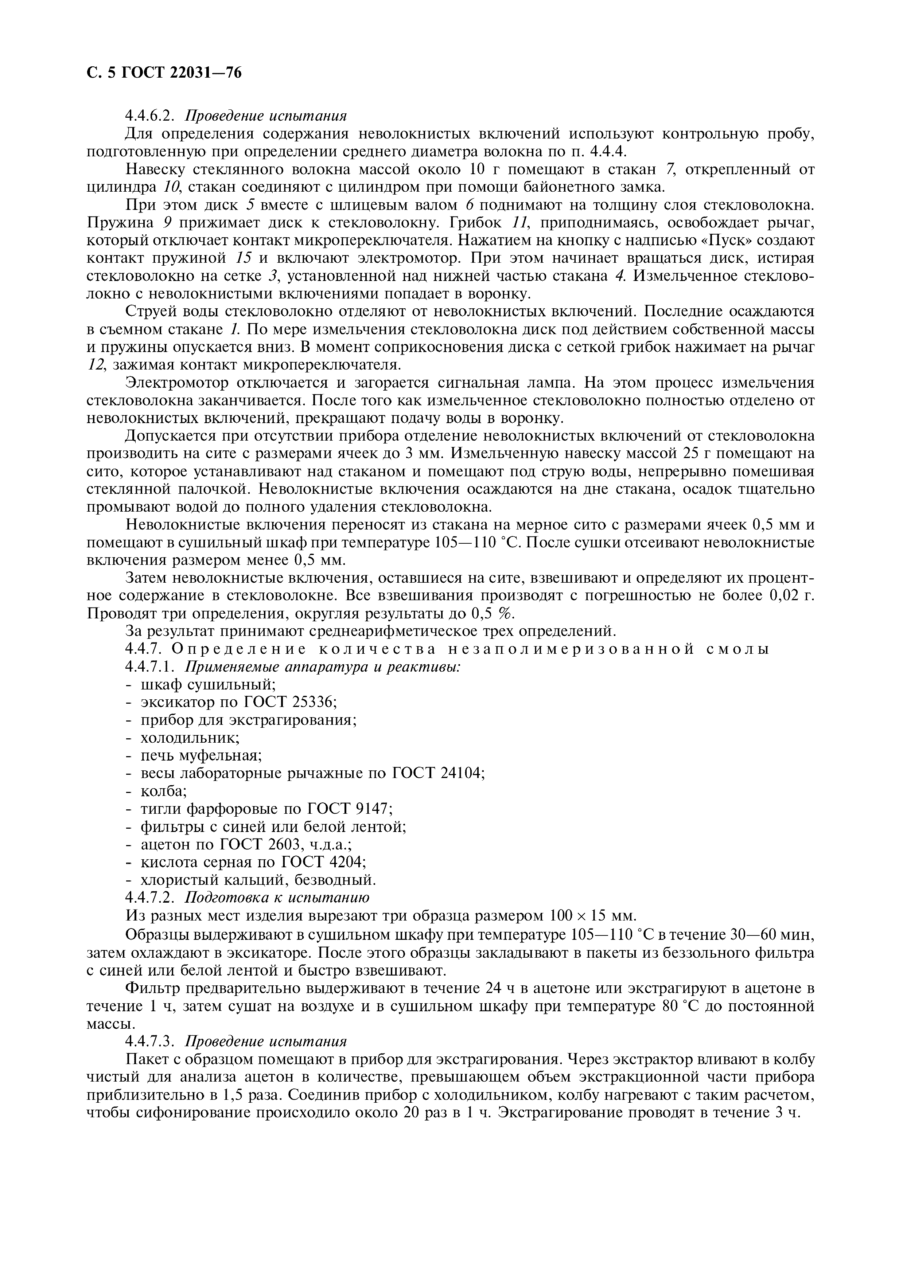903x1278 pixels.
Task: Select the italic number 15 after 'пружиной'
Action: coord(243,258)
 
